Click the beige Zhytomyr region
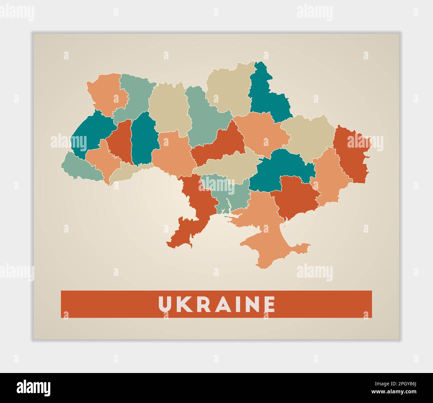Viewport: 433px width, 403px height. click(168, 107)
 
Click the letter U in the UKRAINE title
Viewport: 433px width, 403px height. click(165, 304)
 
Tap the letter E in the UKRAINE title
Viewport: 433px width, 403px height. click(269, 304)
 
